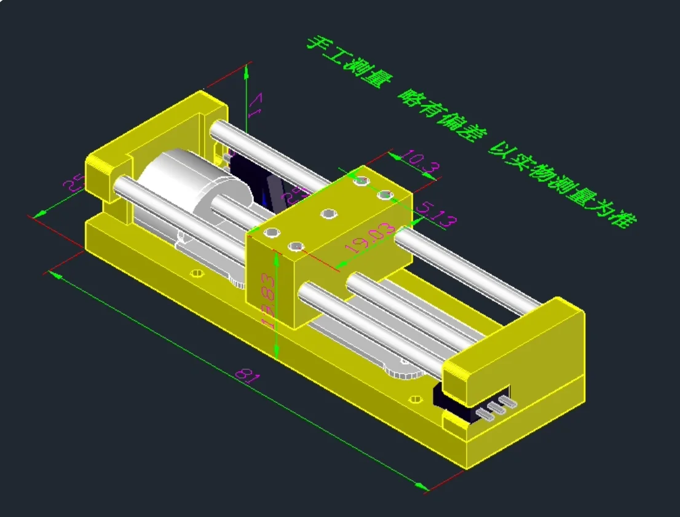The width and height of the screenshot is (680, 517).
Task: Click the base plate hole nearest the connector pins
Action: (x=416, y=400)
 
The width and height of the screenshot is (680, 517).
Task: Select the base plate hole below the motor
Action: (x=197, y=272)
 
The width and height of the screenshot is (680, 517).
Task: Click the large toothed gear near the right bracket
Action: (x=403, y=373)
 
